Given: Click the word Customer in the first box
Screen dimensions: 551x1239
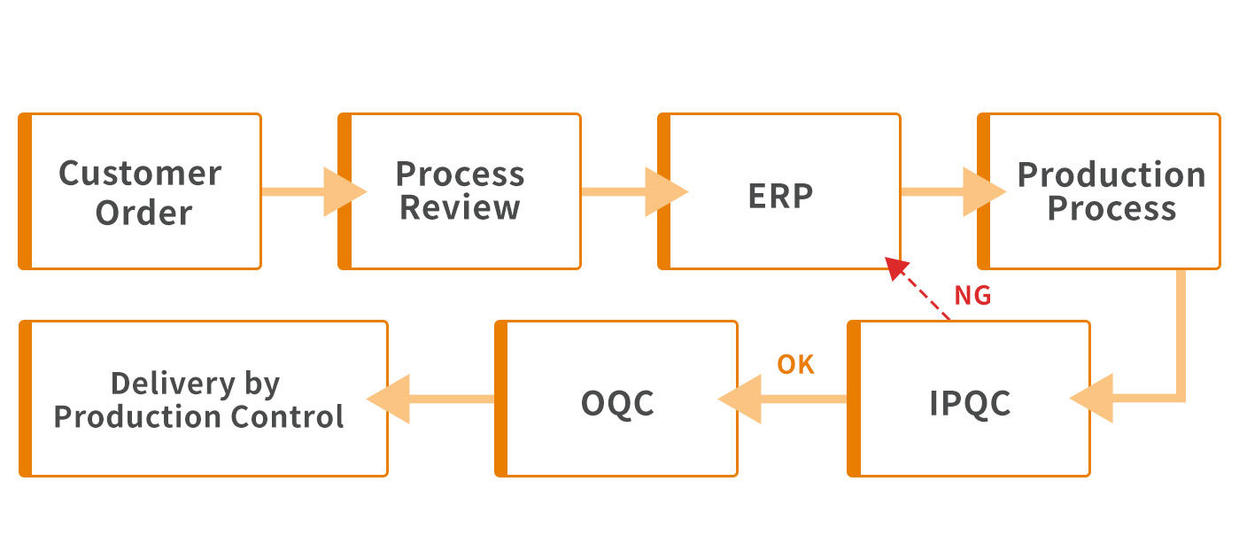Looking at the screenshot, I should [140, 173].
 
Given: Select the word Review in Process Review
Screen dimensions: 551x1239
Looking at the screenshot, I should [460, 208].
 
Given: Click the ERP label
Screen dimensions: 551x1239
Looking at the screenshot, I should [780, 196].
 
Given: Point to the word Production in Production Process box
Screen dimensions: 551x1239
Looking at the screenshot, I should [1111, 175].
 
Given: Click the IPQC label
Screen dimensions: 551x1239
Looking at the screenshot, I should [970, 403].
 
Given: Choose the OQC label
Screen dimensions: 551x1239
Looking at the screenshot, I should [617, 403].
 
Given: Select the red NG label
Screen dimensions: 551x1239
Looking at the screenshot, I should [972, 296].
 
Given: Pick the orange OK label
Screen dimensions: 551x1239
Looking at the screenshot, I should [795, 364].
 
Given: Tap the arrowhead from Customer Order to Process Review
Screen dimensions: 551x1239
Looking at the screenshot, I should [344, 191].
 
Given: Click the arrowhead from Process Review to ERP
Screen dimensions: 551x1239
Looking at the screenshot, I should [665, 191].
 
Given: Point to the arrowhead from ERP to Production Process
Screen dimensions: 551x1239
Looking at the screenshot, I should [984, 191].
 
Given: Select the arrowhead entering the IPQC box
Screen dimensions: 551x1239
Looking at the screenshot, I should [1091, 398].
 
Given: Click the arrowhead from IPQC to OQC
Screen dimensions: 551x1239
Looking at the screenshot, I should [740, 398].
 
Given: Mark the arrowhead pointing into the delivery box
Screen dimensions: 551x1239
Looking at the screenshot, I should [389, 398].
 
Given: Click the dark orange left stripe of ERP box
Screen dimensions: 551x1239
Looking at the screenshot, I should [663, 191].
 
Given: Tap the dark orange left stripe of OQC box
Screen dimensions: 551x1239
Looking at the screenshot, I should [501, 399].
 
